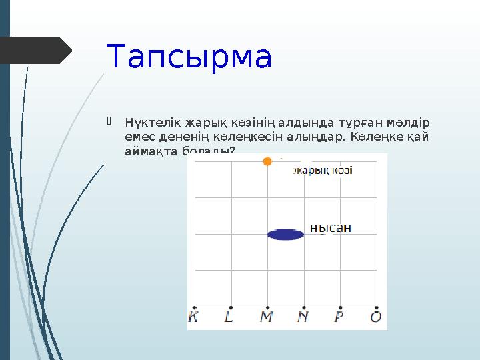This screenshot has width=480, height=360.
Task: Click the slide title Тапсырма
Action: tap(189, 57)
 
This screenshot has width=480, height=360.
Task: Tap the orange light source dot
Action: tap(267, 161)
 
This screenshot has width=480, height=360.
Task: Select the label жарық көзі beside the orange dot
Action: tap(323, 171)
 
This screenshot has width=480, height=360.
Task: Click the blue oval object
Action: tap(285, 234)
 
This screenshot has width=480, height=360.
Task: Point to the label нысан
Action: tap(331, 228)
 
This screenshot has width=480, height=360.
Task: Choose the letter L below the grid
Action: tap(229, 317)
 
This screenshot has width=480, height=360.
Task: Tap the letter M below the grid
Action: tap(266, 317)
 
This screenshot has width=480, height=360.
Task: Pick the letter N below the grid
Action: tap(303, 317)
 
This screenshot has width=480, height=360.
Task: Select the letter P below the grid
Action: tap(339, 317)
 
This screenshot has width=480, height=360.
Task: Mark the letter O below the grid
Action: tap(376, 317)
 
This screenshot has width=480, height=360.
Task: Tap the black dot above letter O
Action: tap(377, 307)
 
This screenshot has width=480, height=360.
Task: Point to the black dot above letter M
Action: tap(267, 307)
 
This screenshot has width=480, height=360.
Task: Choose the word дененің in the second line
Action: tap(173, 137)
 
